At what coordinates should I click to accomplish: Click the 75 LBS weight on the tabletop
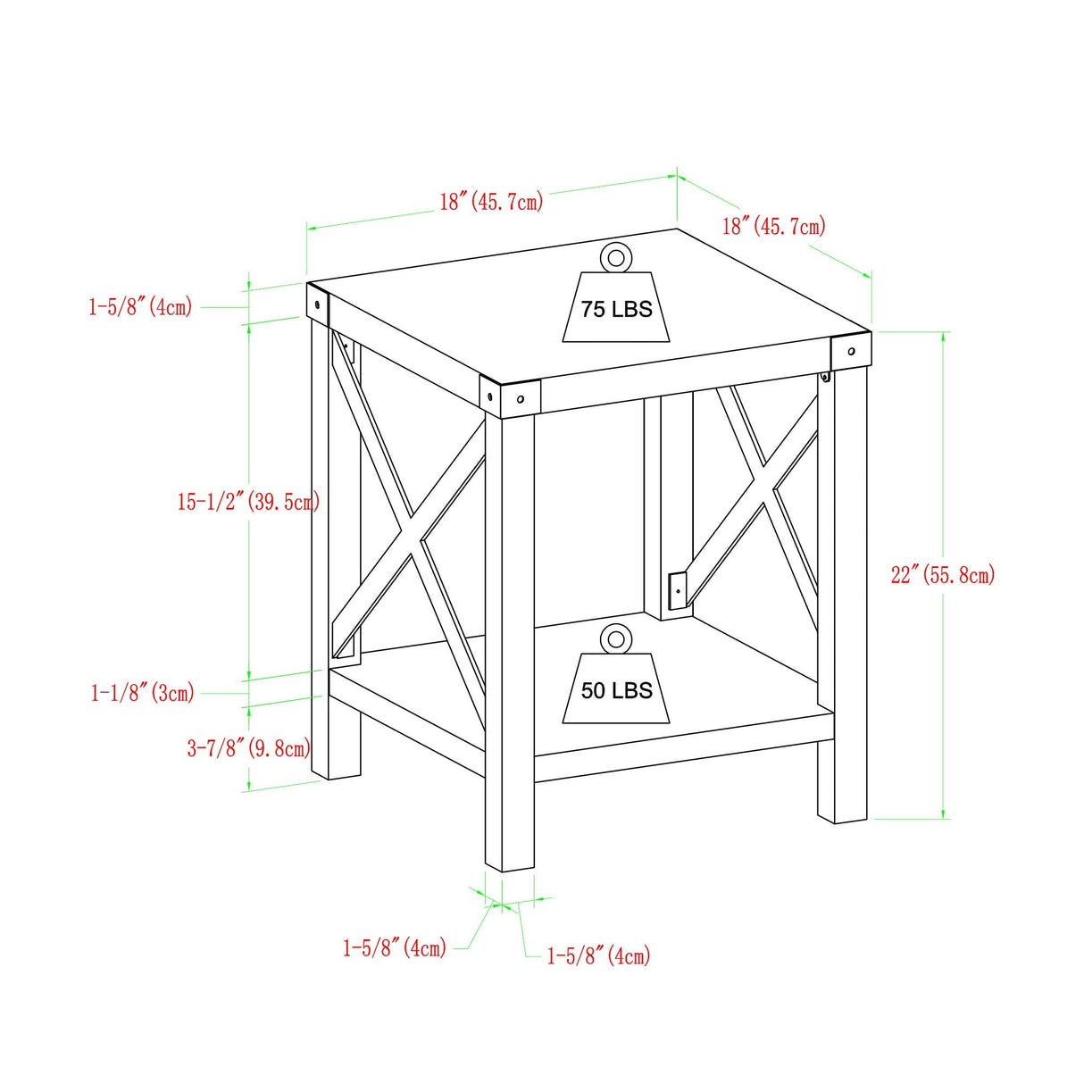click(x=616, y=308)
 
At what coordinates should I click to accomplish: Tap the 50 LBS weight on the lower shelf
click(x=616, y=689)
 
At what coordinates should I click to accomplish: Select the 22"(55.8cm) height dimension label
click(x=942, y=574)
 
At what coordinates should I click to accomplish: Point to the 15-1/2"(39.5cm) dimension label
click(x=247, y=502)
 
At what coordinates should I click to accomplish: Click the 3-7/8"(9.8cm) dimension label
click(x=248, y=747)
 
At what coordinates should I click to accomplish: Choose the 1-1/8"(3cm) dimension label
click(x=143, y=692)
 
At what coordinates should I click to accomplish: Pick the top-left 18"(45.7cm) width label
click(x=491, y=201)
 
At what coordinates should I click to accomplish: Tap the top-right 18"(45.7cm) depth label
click(x=773, y=225)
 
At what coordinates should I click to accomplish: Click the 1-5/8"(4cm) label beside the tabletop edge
click(x=140, y=307)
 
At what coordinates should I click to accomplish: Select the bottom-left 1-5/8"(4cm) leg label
click(x=395, y=946)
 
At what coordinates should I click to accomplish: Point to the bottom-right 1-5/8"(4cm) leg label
click(x=598, y=955)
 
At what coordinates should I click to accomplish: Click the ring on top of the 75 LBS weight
click(x=615, y=258)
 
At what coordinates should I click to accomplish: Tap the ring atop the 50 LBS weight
click(x=615, y=638)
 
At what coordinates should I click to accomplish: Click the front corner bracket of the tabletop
click(x=510, y=396)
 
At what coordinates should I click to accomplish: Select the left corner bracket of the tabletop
click(x=317, y=304)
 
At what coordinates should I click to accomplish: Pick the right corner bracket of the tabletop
click(x=851, y=350)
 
